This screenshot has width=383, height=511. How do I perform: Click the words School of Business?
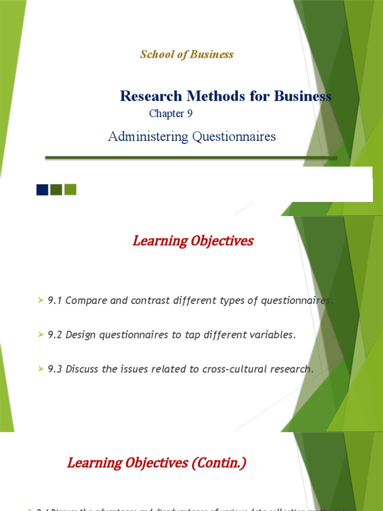pos(187,54)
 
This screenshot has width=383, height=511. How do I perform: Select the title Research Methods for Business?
pos(225,96)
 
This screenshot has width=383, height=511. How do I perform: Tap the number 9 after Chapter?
pos(190,114)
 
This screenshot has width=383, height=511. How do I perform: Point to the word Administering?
pos(141,136)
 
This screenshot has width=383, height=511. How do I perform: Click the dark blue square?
pos(42,190)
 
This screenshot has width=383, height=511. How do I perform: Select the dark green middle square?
pos(56,190)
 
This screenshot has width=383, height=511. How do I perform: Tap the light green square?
pos(70,190)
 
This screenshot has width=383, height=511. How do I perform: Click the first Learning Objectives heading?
pos(193,241)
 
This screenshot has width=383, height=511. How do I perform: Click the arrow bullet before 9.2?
pos(41,335)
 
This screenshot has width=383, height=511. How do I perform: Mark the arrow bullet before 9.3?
pos(41,369)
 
